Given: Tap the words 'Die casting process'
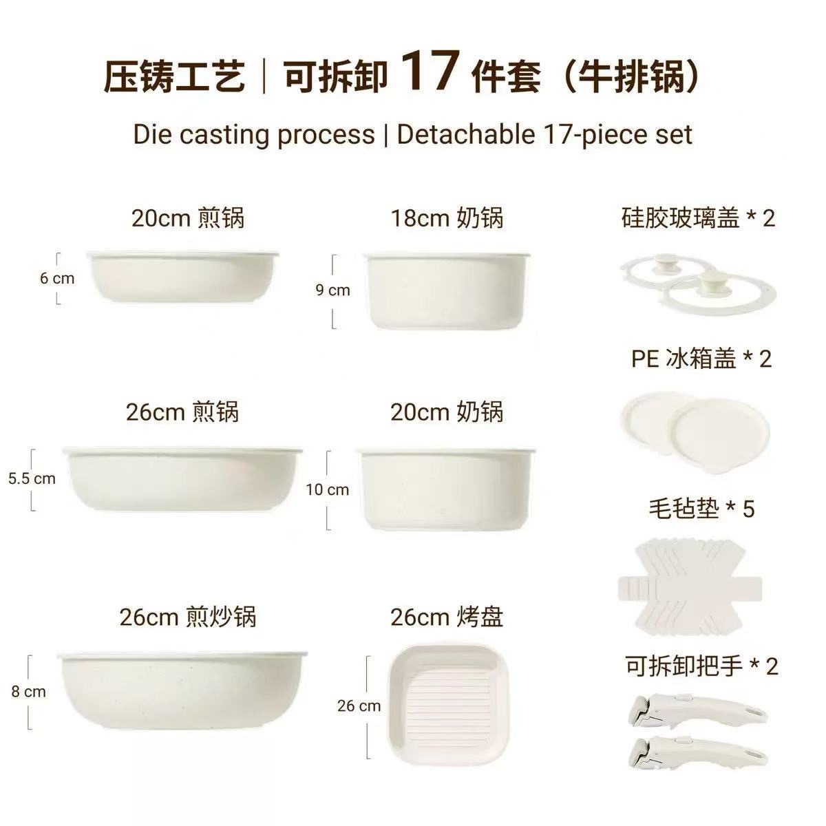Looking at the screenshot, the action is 254,135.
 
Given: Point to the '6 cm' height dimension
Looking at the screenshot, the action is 57,278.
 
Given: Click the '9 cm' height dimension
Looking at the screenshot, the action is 332,290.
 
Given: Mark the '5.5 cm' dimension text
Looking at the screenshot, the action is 32,478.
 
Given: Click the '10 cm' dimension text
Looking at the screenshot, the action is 328,489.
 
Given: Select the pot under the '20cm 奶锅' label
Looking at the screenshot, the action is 446,488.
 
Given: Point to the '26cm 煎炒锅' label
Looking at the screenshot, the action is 188,617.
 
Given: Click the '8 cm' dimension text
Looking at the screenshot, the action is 28,691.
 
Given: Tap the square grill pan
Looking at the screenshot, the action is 449,708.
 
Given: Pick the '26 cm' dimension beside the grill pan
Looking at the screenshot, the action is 359,706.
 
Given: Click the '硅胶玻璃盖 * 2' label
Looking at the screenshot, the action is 698,218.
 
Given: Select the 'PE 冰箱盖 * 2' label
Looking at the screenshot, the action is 701,359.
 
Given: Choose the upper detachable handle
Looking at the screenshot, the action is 697,712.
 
